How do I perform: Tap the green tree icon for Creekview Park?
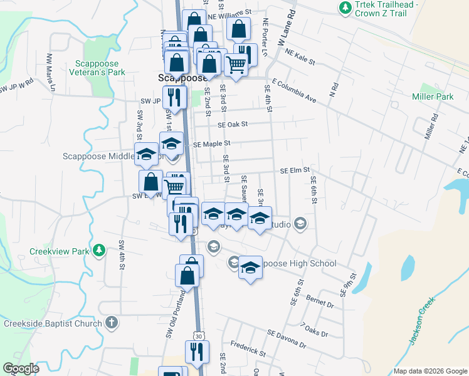pyautogui.click(x=98, y=251)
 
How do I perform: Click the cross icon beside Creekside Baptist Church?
pyautogui.click(x=111, y=323)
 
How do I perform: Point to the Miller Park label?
pyautogui.click(x=433, y=97)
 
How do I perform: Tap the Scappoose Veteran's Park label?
pyautogui.click(x=100, y=68)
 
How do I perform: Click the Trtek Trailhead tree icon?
pyautogui.click(x=344, y=8)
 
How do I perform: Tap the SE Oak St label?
pyautogui.click(x=233, y=124)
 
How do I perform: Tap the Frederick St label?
pyautogui.click(x=247, y=348)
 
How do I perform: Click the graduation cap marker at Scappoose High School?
pyautogui.click(x=250, y=269)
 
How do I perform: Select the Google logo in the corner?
pyautogui.click(x=21, y=368)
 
